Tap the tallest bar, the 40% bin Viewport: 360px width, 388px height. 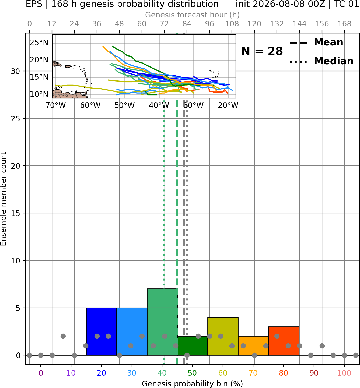pos(162,322)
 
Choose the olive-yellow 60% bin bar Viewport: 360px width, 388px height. pos(223,336)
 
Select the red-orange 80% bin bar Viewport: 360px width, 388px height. pos(284,341)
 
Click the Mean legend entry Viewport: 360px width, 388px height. pos(316,43)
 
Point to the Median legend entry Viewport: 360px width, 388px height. pos(321,61)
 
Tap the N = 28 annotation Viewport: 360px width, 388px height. pos(262,51)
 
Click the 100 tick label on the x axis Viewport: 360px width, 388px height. pos(344,373)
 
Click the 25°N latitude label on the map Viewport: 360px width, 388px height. pos(39,43)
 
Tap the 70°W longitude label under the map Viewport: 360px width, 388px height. pos(56,105)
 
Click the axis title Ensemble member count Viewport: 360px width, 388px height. pos(3,199)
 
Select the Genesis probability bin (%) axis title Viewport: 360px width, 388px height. pos(193,384)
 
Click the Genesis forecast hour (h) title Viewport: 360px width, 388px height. pos(193,15)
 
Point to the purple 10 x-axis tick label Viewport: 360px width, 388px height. pos(71,373)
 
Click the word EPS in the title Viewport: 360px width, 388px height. pos(34,4)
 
